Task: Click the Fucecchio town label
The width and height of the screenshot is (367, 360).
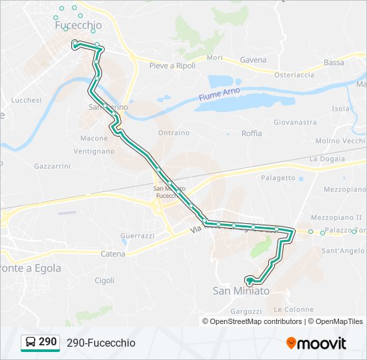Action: [x=79, y=25]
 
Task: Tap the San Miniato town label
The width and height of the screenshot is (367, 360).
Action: [x=241, y=291]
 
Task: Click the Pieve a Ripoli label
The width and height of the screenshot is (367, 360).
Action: [x=172, y=65]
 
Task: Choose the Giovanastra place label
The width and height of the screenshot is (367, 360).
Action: [x=295, y=123]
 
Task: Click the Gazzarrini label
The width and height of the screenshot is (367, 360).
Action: [x=53, y=165]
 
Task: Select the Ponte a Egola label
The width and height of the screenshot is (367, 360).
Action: [x=30, y=268]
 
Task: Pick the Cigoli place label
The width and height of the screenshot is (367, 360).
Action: [x=105, y=281]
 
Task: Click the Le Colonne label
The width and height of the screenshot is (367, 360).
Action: [x=294, y=309]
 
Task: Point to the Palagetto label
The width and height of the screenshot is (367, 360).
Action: [x=278, y=178]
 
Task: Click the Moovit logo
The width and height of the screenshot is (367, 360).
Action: [x=316, y=343]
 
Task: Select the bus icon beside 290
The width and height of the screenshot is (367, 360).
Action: [x=31, y=343]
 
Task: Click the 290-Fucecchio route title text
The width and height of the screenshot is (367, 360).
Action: [x=101, y=343]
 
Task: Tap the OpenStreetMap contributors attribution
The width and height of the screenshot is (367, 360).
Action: [x=255, y=321]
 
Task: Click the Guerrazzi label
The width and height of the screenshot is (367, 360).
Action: [x=137, y=236]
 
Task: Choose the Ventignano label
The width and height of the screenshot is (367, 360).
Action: [x=96, y=151]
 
